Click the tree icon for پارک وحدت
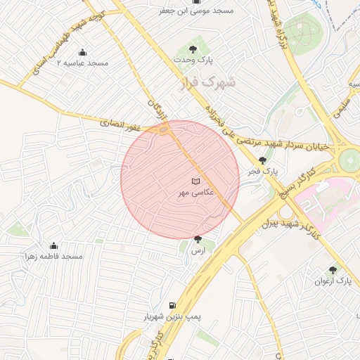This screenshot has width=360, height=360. [x=193, y=49]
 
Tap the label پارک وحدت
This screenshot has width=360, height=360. [x=193, y=60]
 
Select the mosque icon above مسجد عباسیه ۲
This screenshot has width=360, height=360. [x=82, y=52]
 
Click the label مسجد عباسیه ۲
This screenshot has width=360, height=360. [x=82, y=63]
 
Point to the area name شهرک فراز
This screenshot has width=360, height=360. [x=215, y=82]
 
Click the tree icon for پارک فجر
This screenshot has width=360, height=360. [x=263, y=160]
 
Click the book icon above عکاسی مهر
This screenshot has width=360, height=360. [x=195, y=181]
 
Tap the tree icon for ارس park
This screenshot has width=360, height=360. [x=198, y=240]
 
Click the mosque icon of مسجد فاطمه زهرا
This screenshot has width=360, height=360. [x=53, y=245]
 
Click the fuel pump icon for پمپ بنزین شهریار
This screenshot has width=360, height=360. [x=172, y=306]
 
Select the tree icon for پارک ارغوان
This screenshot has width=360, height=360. [x=333, y=270]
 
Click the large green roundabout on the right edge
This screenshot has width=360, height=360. [x=349, y=160]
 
